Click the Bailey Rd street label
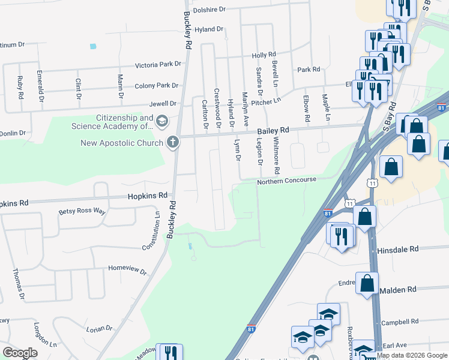(273, 130)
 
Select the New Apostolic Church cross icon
(173, 142)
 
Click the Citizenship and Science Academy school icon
(161, 122)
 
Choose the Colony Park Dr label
(157, 86)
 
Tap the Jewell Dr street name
(163, 104)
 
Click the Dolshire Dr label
(209, 10)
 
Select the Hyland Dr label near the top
(208, 29)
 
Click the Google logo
(20, 352)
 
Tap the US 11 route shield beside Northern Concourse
(373, 182)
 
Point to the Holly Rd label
(264, 55)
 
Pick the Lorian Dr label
(99, 329)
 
